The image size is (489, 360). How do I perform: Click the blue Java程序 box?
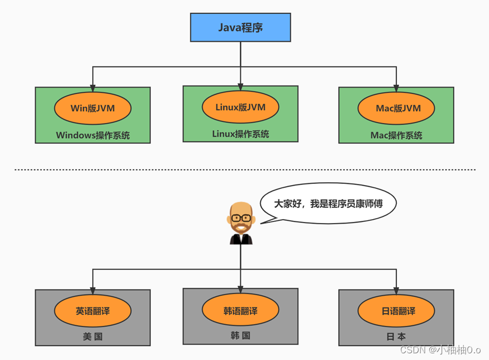pos(240,27)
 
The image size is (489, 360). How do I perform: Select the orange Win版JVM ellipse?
pos(93,108)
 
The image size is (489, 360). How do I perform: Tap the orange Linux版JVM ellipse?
pos(240,107)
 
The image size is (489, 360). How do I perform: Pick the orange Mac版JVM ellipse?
pos(396,108)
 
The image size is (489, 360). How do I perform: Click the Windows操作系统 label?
pos(93,135)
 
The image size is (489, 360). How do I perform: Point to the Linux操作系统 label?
pos(240,134)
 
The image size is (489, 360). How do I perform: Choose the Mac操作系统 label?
pos(396,135)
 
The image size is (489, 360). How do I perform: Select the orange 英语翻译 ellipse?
pos(93,311)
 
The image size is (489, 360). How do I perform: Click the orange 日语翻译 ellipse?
pos(396,311)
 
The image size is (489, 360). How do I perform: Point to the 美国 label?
pos(93,337)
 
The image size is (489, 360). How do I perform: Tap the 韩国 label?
pos(240,335)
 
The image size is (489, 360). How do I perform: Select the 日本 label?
pos(396,337)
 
